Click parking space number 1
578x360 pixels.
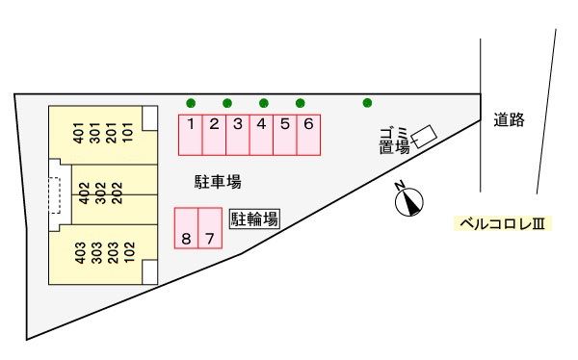pos(191,134)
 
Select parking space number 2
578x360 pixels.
pos(215,134)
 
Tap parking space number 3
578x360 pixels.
pos(238,134)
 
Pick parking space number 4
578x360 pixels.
pos(261,134)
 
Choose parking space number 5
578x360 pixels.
pos(285,134)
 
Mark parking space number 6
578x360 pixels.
pos(308,134)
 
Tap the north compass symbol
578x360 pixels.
pos(409,200)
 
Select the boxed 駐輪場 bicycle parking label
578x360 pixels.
pos(254,219)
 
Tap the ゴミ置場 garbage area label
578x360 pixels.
pos(394,141)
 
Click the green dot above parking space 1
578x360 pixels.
pos(191,103)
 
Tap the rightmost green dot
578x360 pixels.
pos(367,103)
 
